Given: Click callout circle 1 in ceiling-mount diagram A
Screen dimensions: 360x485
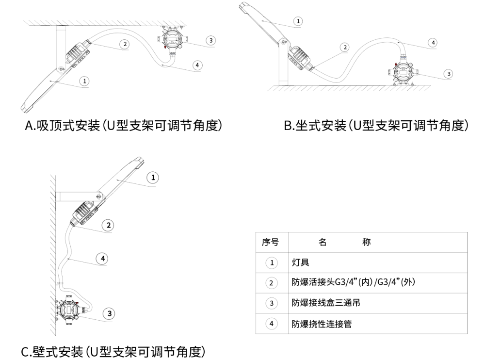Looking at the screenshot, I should (x=85, y=81).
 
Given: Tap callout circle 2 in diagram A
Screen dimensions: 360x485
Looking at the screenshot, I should (x=125, y=44).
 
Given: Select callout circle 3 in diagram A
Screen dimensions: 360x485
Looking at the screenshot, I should (x=210, y=40).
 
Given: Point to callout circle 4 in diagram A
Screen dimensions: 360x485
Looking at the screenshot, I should (x=196, y=65).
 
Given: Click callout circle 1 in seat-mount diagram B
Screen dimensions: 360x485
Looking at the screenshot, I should (x=298, y=21).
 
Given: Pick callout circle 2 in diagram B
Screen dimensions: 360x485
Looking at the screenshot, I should (x=345, y=48).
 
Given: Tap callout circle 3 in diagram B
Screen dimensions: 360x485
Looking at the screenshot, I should (x=449, y=74).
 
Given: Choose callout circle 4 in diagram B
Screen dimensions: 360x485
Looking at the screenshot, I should (x=433, y=43).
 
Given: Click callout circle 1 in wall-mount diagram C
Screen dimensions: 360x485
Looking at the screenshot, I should (x=153, y=178).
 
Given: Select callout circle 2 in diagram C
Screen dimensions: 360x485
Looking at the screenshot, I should (x=109, y=225).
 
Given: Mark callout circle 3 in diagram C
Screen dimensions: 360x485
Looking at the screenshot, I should (x=110, y=313).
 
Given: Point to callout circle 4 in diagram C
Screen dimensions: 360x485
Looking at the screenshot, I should (x=102, y=259).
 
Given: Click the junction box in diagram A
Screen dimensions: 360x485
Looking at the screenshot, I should (x=172, y=40).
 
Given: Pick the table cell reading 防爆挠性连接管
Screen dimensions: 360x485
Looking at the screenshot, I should (x=322, y=324).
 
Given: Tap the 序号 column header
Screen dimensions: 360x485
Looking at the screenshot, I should (x=272, y=243).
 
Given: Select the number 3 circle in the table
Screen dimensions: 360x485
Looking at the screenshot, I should (x=272, y=303).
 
